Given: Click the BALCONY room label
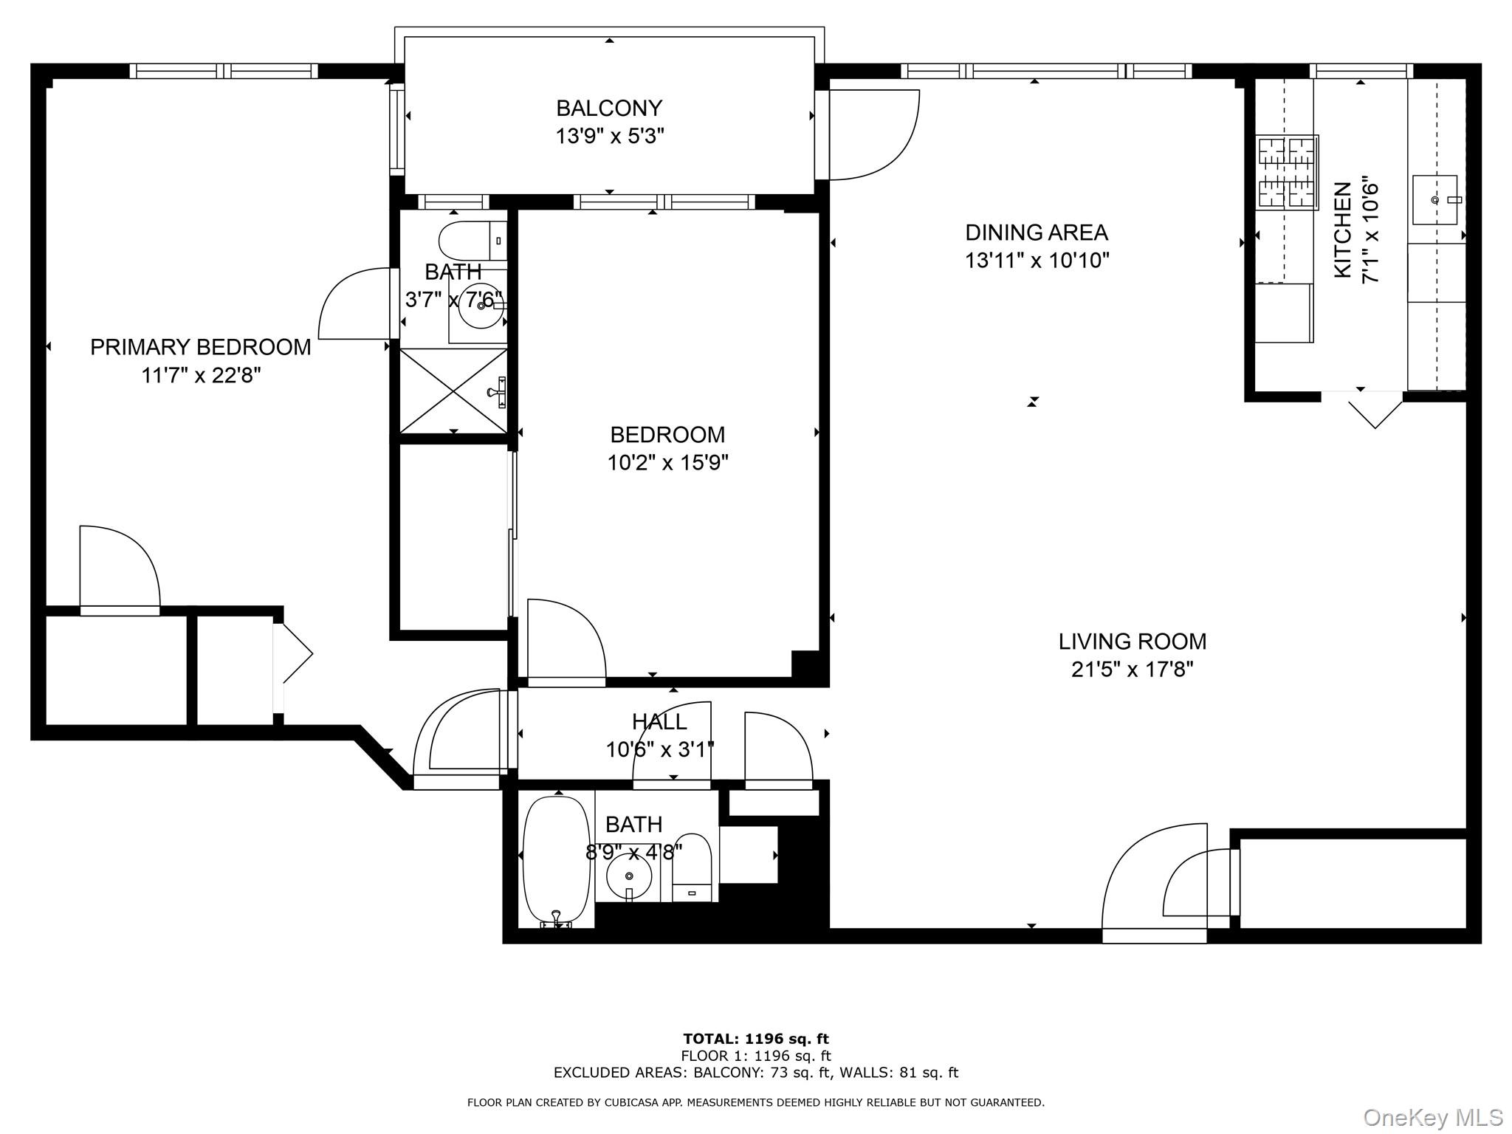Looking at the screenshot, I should point(609,109).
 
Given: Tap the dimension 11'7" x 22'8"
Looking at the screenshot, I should point(201,376).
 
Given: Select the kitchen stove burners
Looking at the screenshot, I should point(1287,171).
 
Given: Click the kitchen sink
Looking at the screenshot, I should point(1434,199).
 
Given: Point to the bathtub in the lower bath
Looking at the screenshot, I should point(557,860).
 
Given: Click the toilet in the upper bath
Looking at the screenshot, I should point(472,240).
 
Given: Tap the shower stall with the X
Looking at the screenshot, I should point(453,391).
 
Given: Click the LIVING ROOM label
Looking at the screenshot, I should point(1132,642).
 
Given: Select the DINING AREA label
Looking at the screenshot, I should point(1037,233).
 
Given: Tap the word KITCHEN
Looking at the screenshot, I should point(1343,230).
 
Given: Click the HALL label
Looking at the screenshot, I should point(659,721).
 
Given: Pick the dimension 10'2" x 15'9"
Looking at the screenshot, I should point(667,463).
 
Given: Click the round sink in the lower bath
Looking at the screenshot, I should point(629,876).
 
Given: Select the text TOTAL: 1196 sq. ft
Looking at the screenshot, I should point(756,1039).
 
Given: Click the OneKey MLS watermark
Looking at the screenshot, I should point(1432,1118).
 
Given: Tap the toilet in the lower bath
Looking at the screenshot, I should point(692,867).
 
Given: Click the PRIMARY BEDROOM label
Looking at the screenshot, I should point(201,347).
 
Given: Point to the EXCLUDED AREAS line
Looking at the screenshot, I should point(756,1073).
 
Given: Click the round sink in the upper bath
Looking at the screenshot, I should point(481,305).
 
